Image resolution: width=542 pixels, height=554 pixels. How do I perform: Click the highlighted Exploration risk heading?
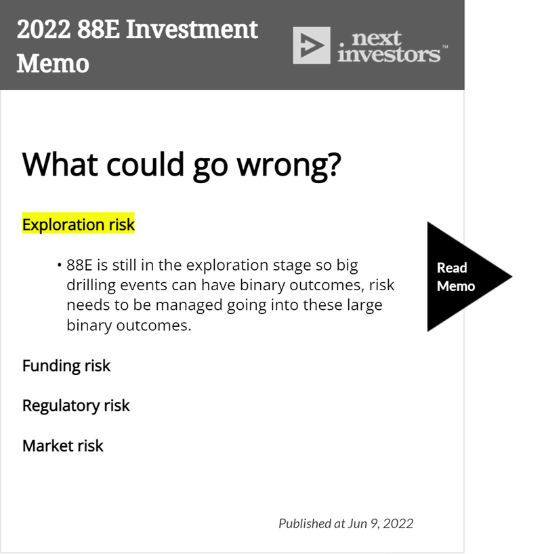click(x=79, y=224)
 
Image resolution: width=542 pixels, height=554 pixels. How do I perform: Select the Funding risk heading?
click(x=66, y=365)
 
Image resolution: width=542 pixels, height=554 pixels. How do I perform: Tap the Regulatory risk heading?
click(x=76, y=406)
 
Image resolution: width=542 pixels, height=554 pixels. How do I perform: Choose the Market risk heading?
click(x=63, y=446)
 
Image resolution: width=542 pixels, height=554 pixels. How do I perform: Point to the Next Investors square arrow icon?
click(x=312, y=45)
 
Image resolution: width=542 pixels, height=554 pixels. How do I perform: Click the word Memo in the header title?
click(x=53, y=64)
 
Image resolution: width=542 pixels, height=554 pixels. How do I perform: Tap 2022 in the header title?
click(x=43, y=29)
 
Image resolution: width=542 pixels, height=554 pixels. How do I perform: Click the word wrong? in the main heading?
click(x=289, y=165)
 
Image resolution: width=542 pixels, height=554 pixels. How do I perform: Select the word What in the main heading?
click(x=60, y=164)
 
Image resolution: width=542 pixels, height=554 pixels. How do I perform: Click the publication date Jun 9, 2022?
click(x=381, y=523)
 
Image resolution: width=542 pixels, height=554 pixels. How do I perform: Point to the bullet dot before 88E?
click(x=60, y=264)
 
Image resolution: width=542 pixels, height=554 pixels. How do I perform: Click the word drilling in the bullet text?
click(x=91, y=285)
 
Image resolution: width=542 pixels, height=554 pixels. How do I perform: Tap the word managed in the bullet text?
click(x=189, y=305)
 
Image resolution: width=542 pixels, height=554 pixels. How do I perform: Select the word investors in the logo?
click(x=389, y=54)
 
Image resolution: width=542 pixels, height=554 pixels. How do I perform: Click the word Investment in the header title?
click(x=192, y=29)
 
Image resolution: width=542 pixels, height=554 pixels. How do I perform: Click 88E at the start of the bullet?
click(x=79, y=265)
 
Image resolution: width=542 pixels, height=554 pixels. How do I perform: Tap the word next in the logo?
click(x=377, y=38)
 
